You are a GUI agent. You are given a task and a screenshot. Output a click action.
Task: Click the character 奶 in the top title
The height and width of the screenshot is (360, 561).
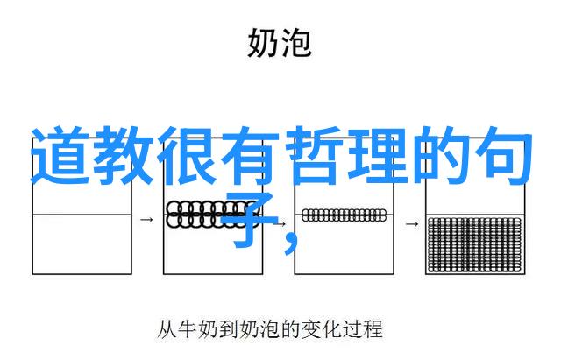click(x=262, y=43)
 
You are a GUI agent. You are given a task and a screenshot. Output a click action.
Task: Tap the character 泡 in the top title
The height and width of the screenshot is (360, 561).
click(x=295, y=43)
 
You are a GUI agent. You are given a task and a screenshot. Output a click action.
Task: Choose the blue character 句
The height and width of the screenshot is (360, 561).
click(x=502, y=156)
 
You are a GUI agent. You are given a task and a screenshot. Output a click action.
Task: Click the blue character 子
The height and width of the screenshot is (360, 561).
click(x=249, y=220)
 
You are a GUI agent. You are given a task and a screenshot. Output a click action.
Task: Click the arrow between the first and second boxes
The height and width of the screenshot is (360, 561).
click(x=146, y=220)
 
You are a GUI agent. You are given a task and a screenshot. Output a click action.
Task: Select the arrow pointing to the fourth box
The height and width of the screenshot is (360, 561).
click(x=412, y=224)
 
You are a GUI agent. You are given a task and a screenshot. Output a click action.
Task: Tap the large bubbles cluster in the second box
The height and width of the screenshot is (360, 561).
click(x=211, y=215)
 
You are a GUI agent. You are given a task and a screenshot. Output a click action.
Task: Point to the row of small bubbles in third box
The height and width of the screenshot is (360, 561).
click(x=344, y=215)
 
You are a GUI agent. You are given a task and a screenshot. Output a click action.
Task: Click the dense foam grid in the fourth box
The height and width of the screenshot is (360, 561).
click(x=475, y=244)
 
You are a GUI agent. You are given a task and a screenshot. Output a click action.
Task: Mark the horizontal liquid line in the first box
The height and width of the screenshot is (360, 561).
click(x=82, y=215)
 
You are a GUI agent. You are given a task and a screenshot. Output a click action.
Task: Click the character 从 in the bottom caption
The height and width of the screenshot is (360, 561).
click(x=167, y=329)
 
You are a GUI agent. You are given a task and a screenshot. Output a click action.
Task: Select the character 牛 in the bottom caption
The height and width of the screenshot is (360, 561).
click(x=188, y=329)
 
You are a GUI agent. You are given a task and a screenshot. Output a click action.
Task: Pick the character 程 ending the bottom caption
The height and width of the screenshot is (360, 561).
click(x=373, y=329)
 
